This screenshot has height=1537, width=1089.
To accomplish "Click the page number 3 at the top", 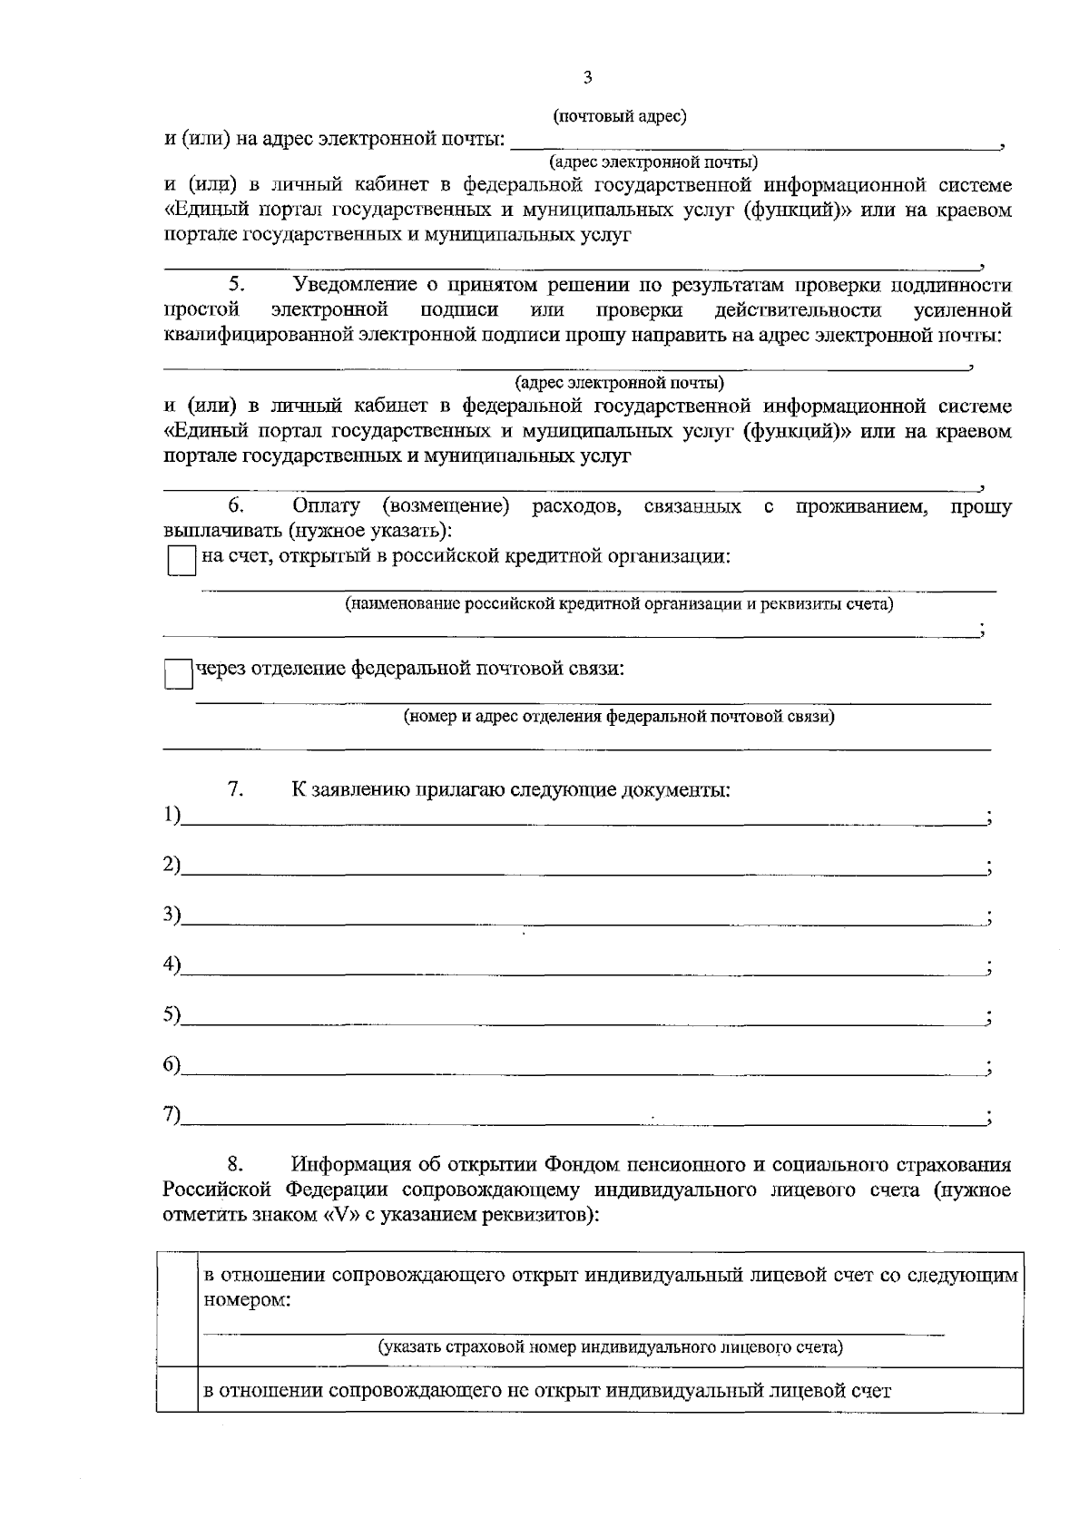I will (587, 78).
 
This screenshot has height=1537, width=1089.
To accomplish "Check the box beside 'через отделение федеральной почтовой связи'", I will (179, 674).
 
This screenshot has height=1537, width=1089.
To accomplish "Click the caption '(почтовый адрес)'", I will (619, 116).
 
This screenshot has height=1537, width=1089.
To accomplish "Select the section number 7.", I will (235, 789).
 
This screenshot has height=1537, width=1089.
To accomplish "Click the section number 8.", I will (235, 1164).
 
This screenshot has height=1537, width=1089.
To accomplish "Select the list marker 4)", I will (172, 965).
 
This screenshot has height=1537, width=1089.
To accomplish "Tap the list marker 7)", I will (172, 1115).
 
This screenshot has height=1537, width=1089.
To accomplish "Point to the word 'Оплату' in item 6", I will (326, 505).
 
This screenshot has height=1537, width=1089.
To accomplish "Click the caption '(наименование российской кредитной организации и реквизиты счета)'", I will (619, 604).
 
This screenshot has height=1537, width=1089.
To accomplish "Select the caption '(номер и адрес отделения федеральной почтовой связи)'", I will (619, 717).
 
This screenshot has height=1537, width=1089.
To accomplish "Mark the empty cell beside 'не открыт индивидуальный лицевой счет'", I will (177, 1390).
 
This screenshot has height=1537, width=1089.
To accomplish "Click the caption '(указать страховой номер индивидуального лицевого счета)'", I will (610, 1347).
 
